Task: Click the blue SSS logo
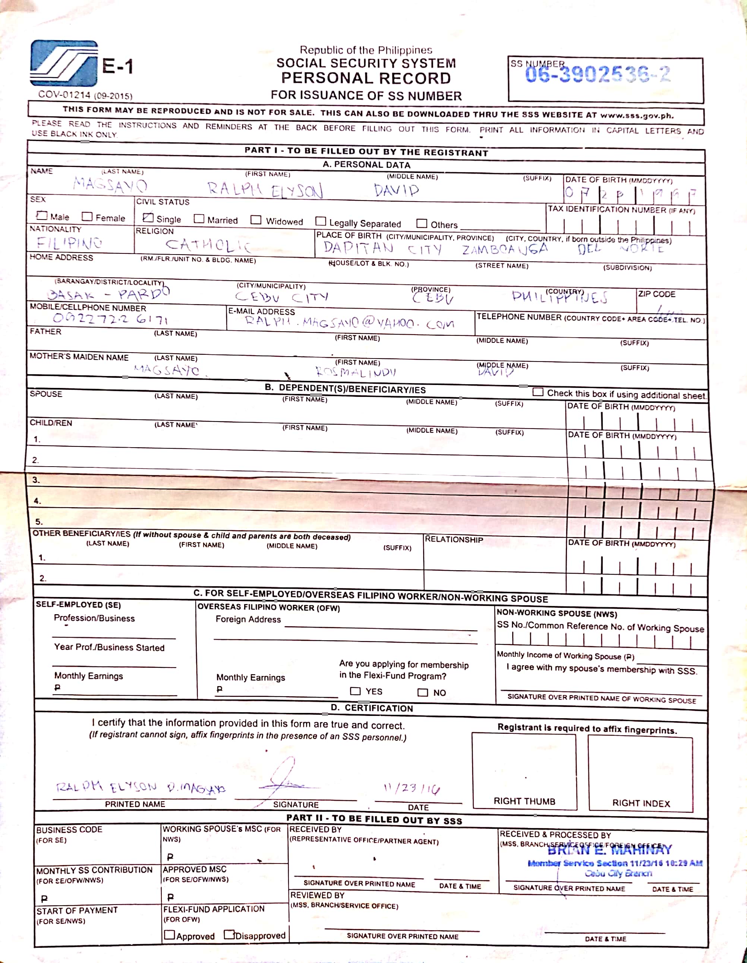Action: (x=64, y=63)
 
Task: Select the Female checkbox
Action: (x=87, y=217)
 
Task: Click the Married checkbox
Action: (x=199, y=219)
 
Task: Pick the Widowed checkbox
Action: (x=256, y=220)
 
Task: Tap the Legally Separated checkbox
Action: (x=321, y=221)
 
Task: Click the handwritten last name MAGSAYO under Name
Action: (x=110, y=185)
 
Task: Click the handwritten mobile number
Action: (x=110, y=318)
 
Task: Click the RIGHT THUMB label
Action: (x=524, y=801)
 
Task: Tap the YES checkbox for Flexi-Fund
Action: (x=355, y=691)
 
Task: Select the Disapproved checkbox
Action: (x=229, y=934)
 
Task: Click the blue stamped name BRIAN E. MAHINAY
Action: (x=609, y=849)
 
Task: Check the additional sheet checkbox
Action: (x=538, y=392)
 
